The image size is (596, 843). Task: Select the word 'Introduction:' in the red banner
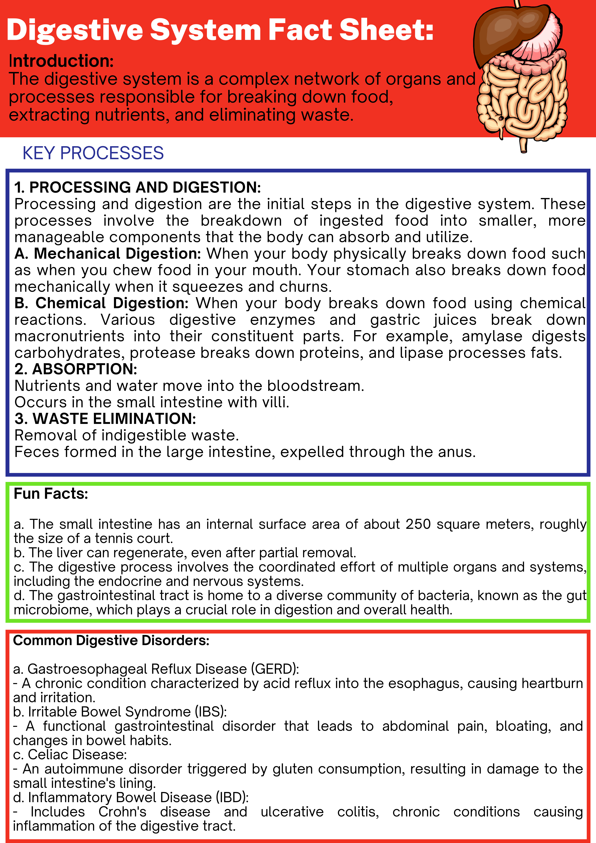61,61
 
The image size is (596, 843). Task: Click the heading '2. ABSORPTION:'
76,369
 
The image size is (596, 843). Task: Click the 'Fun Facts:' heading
51,494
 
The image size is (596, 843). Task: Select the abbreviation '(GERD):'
275,669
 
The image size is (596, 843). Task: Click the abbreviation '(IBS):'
209,712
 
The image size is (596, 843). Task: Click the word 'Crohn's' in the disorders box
122,812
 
